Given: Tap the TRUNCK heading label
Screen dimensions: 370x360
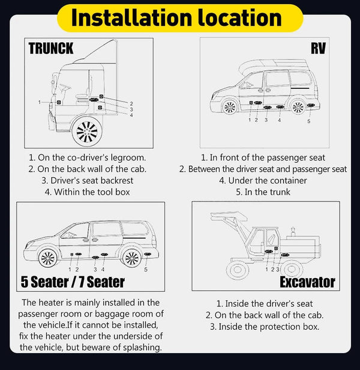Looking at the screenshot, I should [x=51, y=49].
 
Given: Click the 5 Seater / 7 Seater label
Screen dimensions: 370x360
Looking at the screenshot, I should [x=73, y=281].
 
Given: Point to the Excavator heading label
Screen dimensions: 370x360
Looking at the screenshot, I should [x=308, y=281].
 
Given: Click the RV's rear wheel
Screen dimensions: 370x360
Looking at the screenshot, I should [x=297, y=107].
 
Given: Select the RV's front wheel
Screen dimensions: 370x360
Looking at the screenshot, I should [x=229, y=108].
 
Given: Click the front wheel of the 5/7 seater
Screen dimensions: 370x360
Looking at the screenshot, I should [x=47, y=258].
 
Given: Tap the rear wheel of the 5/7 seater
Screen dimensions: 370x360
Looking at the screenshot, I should [x=131, y=258].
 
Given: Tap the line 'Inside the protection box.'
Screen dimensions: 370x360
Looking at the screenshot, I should [x=264, y=327].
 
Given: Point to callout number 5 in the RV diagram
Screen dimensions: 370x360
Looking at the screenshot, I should [x=308, y=121].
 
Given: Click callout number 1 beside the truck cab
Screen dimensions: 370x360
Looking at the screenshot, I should [x=40, y=103].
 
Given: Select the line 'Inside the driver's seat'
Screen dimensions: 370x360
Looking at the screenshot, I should [x=265, y=304].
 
